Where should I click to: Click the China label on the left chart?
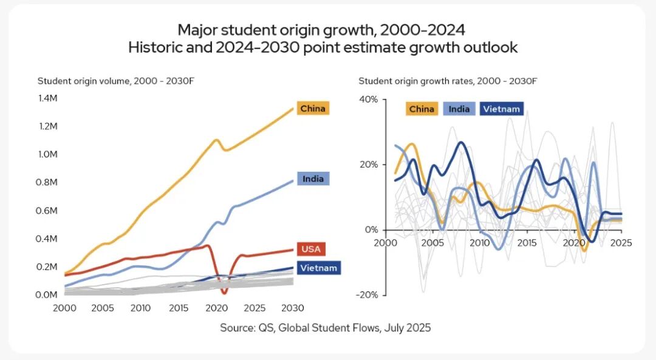[313, 109]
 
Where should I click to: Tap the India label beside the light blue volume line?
[313, 178]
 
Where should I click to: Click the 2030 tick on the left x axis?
[293, 308]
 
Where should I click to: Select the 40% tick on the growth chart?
[369, 99]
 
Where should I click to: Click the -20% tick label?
[367, 295]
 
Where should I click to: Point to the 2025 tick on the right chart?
[621, 242]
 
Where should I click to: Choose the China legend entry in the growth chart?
[422, 109]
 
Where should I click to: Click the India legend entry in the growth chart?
[459, 109]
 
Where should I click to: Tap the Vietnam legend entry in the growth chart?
[501, 109]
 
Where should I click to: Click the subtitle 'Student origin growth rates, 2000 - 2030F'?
[448, 81]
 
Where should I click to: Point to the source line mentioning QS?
[325, 328]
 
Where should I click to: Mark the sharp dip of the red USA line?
[224, 292]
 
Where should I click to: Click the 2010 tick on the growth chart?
[480, 242]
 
